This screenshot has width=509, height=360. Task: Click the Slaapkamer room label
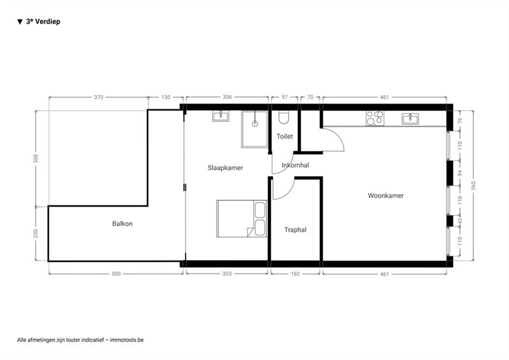[x=225, y=168]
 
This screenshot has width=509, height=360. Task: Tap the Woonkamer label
[x=386, y=195]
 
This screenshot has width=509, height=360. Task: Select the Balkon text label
[x=122, y=223]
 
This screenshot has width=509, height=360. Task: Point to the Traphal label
[x=295, y=230]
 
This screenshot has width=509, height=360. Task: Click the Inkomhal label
[x=295, y=165]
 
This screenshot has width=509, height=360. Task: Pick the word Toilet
[x=284, y=136]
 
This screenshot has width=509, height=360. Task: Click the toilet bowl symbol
[x=284, y=118]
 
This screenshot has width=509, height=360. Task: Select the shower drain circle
[x=255, y=123]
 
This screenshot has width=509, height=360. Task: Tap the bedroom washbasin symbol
[x=221, y=116]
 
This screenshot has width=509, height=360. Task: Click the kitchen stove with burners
[x=375, y=118]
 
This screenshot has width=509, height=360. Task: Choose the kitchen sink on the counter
[x=410, y=119]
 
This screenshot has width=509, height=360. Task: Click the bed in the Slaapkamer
[x=242, y=218]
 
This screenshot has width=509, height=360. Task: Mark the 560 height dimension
[x=473, y=185]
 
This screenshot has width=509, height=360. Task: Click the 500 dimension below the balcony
[x=116, y=274]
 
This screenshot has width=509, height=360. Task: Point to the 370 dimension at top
[x=99, y=97]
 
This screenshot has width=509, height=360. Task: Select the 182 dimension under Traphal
[x=295, y=274]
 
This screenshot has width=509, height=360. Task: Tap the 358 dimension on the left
[x=36, y=158]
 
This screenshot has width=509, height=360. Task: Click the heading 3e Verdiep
[x=43, y=22]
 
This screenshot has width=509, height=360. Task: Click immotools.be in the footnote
[x=127, y=340]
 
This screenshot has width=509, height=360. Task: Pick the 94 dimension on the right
[x=459, y=173]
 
